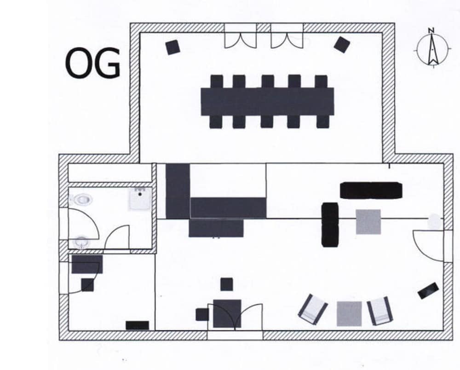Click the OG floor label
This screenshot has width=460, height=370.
coord(93,64)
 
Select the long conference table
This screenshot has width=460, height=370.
coord(267,102)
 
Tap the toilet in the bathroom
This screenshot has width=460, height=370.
coord(82,200)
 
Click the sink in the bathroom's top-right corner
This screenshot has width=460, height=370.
coord(140,199)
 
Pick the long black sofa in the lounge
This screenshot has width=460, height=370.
coord(371,190)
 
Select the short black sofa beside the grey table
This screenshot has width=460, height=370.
coord(330,225)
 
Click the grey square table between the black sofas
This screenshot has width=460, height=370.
coord(368,222)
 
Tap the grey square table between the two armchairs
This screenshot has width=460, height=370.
coord(349,314)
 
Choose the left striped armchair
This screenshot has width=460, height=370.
coord(313,309)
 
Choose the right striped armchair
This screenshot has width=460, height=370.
coord(380,311)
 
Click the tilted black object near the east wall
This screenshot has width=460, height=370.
coord(428,290)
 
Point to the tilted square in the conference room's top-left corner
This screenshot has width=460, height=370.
coord(172,47)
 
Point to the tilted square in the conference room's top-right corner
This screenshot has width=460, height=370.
coord(342,45)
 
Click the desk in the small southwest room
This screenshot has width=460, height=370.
coord(87,264)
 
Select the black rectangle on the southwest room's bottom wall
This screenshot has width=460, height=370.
coord(137,325)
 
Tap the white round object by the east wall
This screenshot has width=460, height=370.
coord(435,221)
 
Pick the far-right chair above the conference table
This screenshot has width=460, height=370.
coord(321,81)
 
